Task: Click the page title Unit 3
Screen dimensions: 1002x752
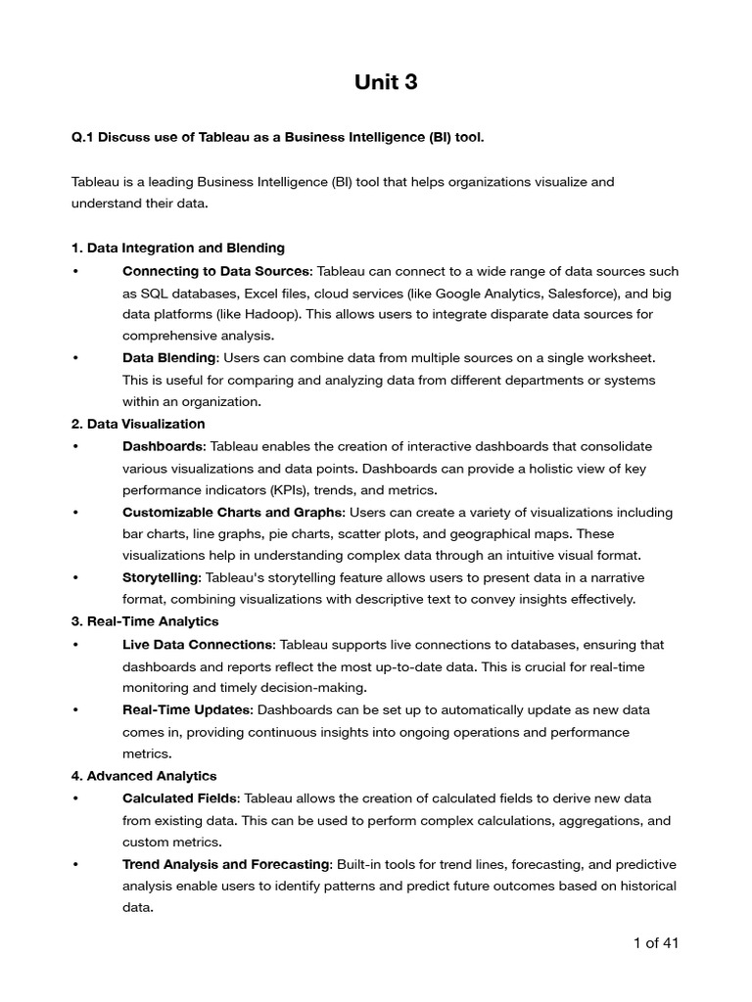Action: (386, 83)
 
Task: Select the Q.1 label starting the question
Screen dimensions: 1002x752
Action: (82, 137)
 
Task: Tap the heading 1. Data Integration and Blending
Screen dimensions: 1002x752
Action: (178, 248)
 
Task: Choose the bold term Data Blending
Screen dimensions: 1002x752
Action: (167, 358)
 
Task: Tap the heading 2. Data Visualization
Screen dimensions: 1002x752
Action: (138, 424)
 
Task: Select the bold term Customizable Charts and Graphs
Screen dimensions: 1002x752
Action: (233, 512)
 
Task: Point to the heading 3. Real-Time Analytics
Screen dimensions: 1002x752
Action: (145, 621)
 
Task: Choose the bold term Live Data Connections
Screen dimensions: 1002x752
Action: (198, 645)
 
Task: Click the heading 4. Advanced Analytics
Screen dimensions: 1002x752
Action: (144, 776)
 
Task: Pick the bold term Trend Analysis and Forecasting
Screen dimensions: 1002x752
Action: (226, 864)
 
